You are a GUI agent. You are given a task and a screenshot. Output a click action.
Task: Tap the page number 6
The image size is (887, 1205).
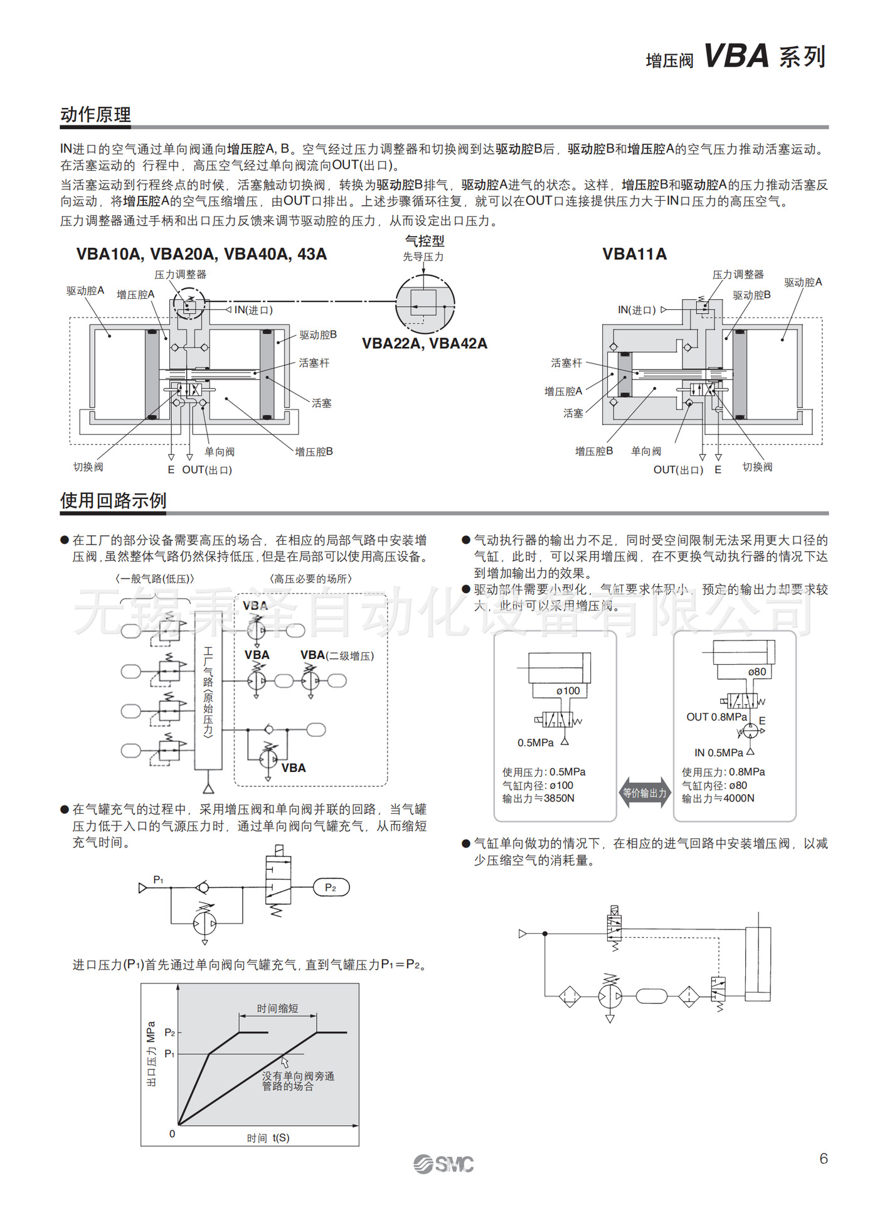pos(823,1158)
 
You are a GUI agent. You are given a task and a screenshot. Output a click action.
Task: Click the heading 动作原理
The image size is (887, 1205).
pos(95,114)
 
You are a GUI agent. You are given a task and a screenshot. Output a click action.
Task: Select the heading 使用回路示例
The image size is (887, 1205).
pos(113,500)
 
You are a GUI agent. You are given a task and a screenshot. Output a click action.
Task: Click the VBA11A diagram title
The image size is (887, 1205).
pos(634,254)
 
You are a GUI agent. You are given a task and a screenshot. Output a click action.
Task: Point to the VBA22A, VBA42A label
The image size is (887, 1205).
pos(424,343)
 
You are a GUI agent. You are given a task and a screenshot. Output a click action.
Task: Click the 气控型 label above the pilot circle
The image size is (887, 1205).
pos(424,241)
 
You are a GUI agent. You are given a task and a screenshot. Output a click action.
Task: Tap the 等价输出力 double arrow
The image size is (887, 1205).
pos(644,793)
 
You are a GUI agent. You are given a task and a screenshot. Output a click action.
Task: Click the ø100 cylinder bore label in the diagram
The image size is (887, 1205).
pos(568,691)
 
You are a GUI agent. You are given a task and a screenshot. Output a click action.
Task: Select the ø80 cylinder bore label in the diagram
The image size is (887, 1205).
pos(757,672)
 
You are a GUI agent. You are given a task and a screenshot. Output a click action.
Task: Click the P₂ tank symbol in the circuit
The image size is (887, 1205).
pos(331,887)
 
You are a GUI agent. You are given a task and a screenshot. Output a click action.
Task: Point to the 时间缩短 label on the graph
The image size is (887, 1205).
pos(277,1009)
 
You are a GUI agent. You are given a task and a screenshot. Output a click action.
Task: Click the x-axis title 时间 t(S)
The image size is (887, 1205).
pos(268,1138)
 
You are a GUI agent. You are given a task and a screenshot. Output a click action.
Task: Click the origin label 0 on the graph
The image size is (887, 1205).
pos(173,1133)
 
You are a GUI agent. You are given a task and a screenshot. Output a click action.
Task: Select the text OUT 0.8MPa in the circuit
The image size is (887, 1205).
pos(716,717)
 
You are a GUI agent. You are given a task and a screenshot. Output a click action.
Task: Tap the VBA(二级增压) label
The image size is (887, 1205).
pos(337,655)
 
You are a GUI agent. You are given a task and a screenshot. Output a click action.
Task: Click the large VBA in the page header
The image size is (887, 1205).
pos(736,56)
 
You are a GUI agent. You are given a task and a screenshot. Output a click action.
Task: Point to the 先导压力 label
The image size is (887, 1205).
pos(423,257)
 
